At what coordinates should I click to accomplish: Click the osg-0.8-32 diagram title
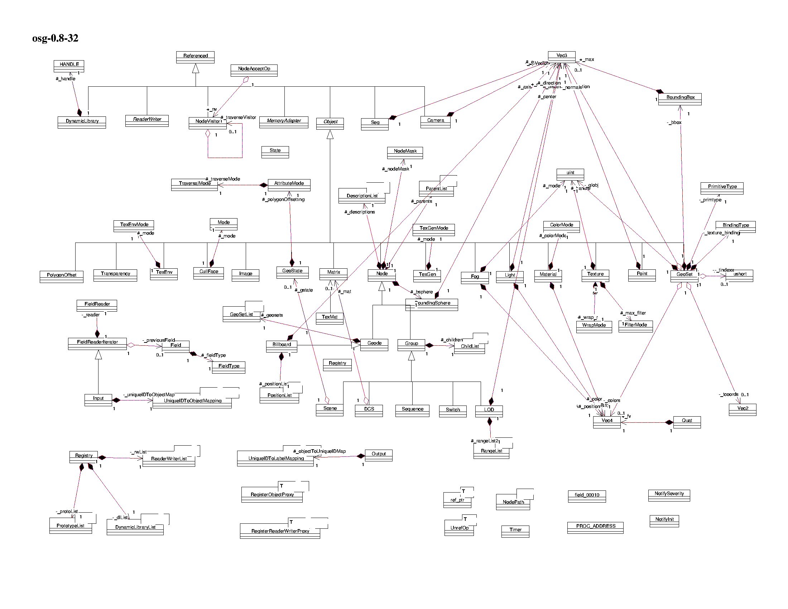[55, 38]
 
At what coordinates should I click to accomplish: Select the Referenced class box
[195, 57]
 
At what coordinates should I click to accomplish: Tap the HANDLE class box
[69, 66]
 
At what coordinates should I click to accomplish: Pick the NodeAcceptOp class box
[254, 70]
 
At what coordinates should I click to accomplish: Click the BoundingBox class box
[680, 99]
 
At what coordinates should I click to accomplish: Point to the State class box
[275, 152]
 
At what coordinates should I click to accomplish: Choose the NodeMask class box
[405, 153]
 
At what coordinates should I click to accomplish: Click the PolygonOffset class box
[61, 276]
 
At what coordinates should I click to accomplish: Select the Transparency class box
[115, 275]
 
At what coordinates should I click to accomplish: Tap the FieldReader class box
[97, 305]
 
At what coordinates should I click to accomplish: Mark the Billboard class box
[282, 346]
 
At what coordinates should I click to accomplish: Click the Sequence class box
[412, 411]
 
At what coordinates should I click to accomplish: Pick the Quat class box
[687, 422]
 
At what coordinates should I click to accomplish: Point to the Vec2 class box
[743, 409]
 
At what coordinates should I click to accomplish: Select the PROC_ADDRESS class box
[595, 527]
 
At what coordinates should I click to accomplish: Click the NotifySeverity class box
[669, 495]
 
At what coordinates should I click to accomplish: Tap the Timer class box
[515, 531]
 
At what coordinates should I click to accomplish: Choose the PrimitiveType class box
[722, 188]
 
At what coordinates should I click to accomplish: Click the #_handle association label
[66, 79]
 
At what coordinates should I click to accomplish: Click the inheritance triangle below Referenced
[196, 68]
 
